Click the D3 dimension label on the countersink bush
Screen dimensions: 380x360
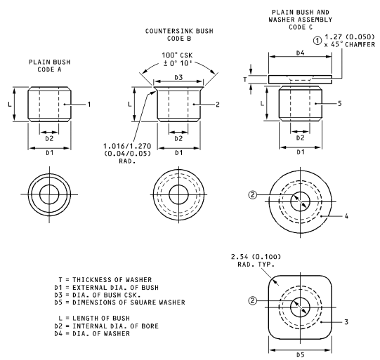[x=178, y=77]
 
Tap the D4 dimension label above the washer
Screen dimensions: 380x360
[x=300, y=53]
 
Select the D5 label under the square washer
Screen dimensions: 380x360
[x=300, y=355]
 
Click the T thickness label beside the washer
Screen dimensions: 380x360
[x=245, y=79]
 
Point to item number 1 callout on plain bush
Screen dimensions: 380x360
[x=89, y=105]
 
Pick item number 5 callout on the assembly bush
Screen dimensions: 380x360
[x=339, y=104]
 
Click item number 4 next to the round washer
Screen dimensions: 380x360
[x=346, y=216]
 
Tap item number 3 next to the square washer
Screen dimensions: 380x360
[x=346, y=321]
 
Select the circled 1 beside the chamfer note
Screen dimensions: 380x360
[x=317, y=41]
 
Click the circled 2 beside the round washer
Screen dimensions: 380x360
[x=253, y=194]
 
